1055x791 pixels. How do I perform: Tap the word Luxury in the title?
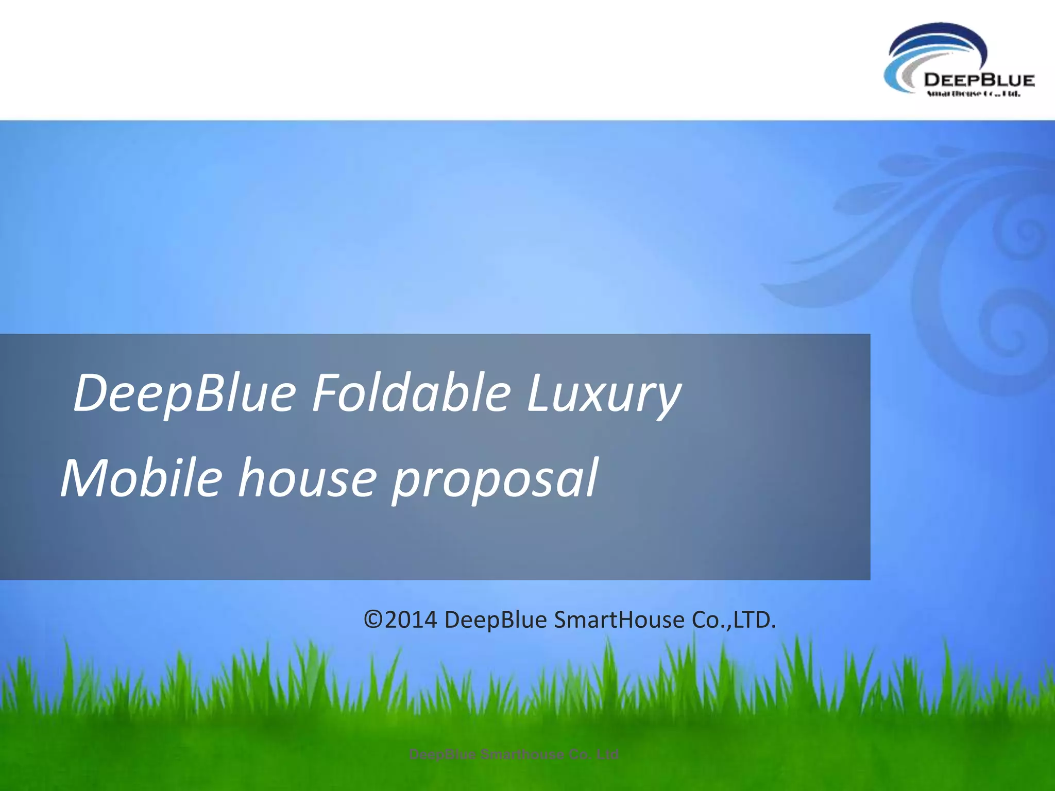point(603,394)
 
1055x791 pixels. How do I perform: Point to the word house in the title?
point(307,479)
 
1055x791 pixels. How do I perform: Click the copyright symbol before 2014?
point(373,620)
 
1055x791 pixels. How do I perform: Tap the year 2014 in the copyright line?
point(411,620)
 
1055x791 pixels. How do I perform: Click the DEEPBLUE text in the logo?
point(979,80)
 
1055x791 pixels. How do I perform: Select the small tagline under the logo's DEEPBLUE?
point(973,94)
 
